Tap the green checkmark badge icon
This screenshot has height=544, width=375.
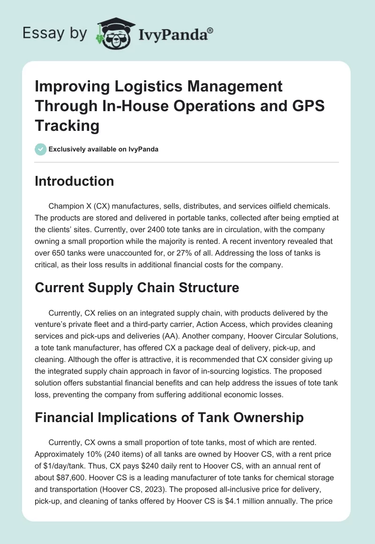pos(41,149)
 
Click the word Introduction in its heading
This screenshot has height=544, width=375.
pos(75,181)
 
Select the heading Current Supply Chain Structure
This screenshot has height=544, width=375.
pos(137,287)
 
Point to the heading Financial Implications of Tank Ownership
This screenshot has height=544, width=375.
pos(169,417)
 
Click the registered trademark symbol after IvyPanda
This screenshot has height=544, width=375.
pos(210,30)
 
